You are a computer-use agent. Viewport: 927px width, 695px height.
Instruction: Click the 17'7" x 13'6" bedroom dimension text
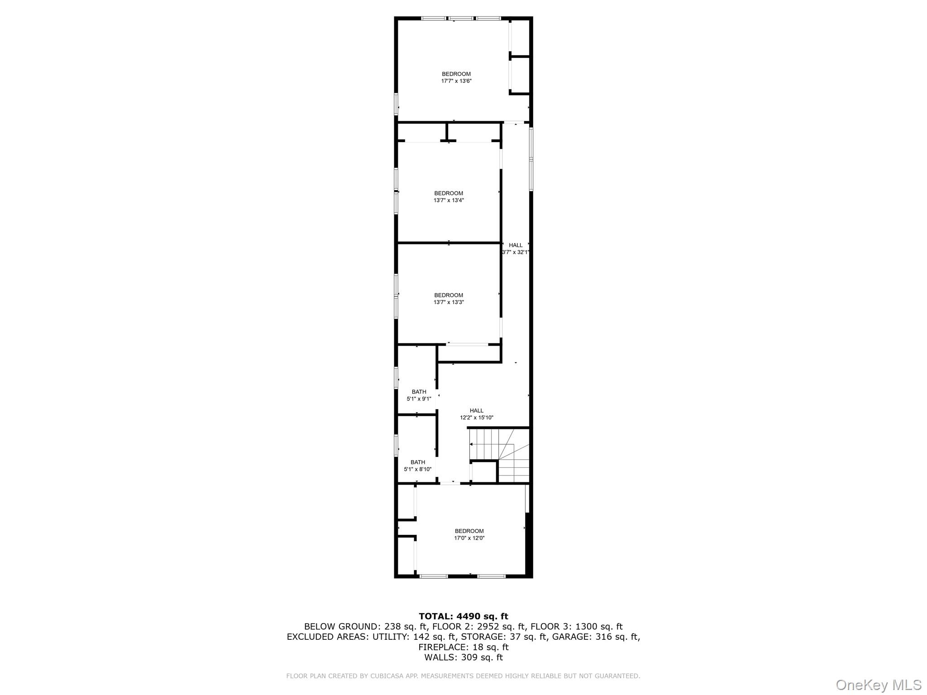pyautogui.click(x=456, y=81)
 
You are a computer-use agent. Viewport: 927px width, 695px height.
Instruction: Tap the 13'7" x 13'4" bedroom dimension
pyautogui.click(x=449, y=200)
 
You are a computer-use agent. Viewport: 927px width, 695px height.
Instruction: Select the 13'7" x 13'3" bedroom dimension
pyautogui.click(x=449, y=302)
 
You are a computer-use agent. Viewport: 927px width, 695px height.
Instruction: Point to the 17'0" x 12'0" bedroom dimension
pyautogui.click(x=469, y=538)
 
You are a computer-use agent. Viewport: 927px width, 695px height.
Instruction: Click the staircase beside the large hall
pyautogui.click(x=499, y=456)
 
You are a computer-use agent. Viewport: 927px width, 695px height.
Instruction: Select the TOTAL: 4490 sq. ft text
pyautogui.click(x=463, y=616)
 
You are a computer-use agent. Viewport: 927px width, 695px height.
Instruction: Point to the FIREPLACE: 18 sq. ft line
pyautogui.click(x=463, y=647)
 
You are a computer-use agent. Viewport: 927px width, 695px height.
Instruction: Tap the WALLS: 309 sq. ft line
pyautogui.click(x=463, y=657)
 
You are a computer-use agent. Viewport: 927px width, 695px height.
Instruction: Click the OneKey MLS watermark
pyautogui.click(x=879, y=685)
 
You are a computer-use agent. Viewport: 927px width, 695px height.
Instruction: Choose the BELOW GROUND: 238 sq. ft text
pyautogui.click(x=364, y=627)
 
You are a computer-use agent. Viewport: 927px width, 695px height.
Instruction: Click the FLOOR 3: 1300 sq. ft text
pyautogui.click(x=577, y=627)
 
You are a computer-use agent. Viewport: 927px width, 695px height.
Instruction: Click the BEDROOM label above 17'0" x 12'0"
pyautogui.click(x=469, y=531)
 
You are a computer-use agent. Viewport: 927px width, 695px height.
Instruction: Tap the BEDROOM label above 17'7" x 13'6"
pyautogui.click(x=456, y=74)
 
